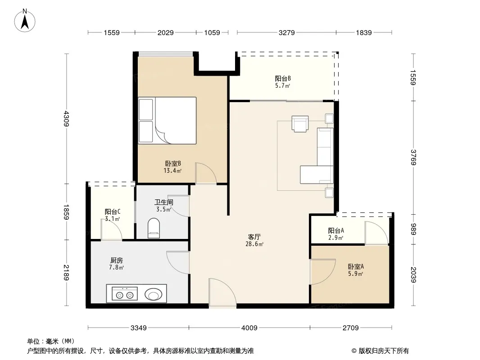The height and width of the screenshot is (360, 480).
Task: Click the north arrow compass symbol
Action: coord(25,21)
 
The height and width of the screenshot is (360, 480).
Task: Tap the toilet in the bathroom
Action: coord(154,228)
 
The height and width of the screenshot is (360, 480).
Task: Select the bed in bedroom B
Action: coord(167,121)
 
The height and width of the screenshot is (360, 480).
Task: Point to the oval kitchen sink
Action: coord(153,295)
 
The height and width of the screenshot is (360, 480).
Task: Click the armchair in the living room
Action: coord(300,124)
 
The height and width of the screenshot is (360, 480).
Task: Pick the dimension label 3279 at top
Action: coord(286,32)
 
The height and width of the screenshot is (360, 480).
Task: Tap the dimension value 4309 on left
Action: coord(67,119)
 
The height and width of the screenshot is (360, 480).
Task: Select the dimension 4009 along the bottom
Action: coord(249,328)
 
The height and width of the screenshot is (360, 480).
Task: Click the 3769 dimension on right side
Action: coord(413,157)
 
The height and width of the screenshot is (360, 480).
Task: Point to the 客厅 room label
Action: coord(254,237)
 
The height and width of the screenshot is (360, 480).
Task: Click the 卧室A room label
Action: coord(356,266)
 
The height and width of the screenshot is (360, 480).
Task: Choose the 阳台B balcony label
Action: coord(282,78)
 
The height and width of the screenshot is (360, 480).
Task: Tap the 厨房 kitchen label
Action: coord(116,260)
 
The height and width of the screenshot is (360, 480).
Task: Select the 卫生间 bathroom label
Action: coord(164,202)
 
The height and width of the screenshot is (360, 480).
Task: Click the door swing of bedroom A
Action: coord(323,272)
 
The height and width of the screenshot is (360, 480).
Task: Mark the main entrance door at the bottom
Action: coord(222,292)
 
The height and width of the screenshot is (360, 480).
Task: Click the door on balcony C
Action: coord(112,229)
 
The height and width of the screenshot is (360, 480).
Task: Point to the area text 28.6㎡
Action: coord(254,244)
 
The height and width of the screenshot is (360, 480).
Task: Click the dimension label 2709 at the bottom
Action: coord(350,328)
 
